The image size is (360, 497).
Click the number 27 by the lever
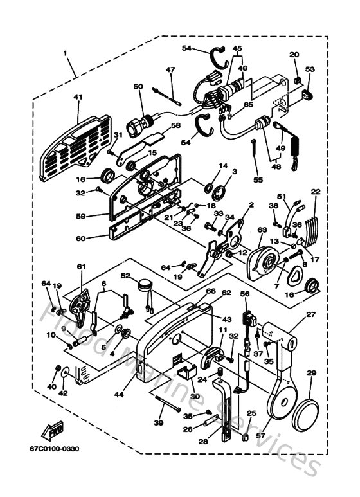(x=310, y=314)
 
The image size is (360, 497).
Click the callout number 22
(x=315, y=192)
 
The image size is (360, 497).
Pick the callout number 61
(x=81, y=266)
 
